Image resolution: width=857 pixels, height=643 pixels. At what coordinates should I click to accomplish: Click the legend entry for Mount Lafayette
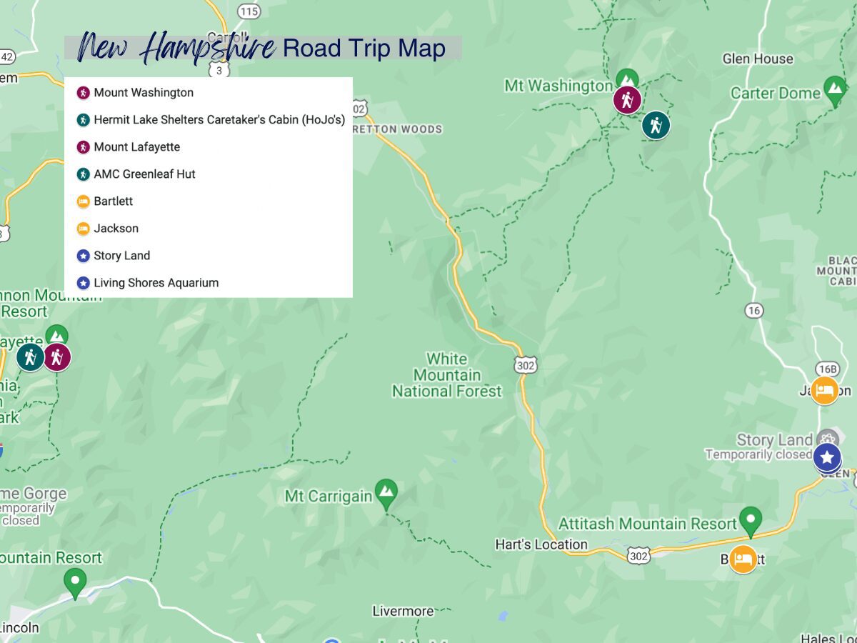[x=136, y=147]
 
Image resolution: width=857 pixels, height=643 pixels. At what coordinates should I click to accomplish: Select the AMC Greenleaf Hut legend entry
[x=144, y=174]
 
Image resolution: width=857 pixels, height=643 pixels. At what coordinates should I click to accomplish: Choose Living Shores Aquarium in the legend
[x=156, y=283]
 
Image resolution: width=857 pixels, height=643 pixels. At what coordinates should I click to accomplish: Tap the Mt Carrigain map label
[x=329, y=496]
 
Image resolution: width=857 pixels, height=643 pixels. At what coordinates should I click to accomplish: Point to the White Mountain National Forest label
[x=447, y=375]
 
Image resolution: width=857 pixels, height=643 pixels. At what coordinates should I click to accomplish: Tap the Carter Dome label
[x=776, y=94]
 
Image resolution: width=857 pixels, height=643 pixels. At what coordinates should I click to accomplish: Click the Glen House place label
[x=758, y=59]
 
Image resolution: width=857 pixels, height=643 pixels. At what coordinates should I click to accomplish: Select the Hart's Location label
[x=541, y=544]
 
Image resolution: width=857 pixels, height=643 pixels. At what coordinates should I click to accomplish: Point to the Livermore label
[x=403, y=612]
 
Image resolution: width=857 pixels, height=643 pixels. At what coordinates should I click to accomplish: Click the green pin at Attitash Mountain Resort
[x=751, y=520]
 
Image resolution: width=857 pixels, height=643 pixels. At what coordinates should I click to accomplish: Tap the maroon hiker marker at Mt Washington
[x=627, y=100]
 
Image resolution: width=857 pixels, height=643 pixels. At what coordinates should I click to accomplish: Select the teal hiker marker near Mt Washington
[x=656, y=125]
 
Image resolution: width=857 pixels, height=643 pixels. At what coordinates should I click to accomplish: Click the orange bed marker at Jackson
[x=825, y=391]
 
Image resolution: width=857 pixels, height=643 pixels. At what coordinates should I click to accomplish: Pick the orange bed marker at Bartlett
[x=743, y=559]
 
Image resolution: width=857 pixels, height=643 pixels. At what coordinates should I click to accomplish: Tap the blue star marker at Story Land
[x=827, y=457]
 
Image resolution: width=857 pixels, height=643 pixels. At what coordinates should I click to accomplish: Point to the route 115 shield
[x=249, y=11]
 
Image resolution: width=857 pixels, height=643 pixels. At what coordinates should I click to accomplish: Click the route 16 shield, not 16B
[x=753, y=310]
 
